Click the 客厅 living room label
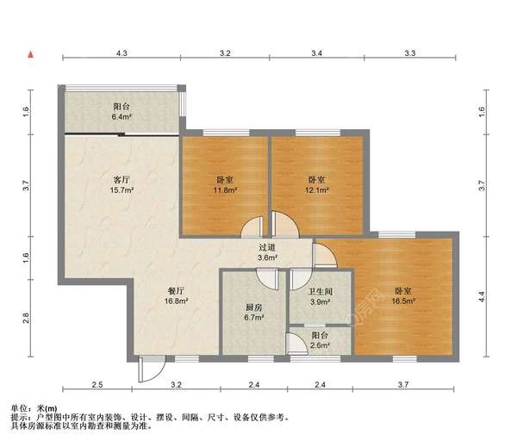(x=121, y=180)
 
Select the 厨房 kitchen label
(x=253, y=307)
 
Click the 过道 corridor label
(x=267, y=247)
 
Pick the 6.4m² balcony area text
(x=121, y=116)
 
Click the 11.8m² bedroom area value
(x=226, y=190)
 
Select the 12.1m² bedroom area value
(x=318, y=190)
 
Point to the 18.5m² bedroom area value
(x=405, y=302)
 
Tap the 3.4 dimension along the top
(x=316, y=53)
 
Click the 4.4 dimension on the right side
(x=483, y=295)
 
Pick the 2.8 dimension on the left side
(x=27, y=317)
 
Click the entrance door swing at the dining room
(x=148, y=369)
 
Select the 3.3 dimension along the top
(x=410, y=53)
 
